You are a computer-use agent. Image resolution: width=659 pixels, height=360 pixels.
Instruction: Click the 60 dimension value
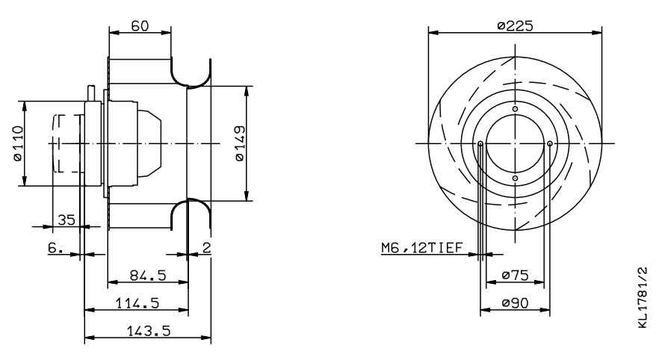pyautogui.click(x=140, y=26)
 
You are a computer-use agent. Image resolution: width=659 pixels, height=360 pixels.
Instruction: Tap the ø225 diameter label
pyautogui.click(x=515, y=26)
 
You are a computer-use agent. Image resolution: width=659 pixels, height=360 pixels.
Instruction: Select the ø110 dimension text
pyautogui.click(x=18, y=143)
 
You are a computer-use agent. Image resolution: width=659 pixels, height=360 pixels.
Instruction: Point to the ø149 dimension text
pyautogui.click(x=240, y=143)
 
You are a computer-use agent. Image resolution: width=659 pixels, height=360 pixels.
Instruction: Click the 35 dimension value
pyautogui.click(x=66, y=220)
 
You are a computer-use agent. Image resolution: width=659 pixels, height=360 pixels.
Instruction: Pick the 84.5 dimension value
pyautogui.click(x=148, y=276)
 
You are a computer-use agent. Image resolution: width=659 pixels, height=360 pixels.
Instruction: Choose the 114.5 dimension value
pyautogui.click(x=137, y=303)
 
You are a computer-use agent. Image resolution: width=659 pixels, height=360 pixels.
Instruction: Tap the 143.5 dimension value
pyautogui.click(x=149, y=331)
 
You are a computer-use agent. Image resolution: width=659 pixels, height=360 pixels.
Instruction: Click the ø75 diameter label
pyautogui.click(x=515, y=276)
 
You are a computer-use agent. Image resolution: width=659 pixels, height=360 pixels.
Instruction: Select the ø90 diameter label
pyautogui.click(x=515, y=303)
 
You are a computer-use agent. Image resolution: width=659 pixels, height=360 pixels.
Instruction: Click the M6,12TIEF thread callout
pyautogui.click(x=421, y=248)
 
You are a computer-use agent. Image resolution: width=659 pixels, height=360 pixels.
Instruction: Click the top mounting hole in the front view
pyautogui.click(x=516, y=109)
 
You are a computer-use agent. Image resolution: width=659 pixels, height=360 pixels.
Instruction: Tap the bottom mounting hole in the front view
pyautogui.click(x=516, y=178)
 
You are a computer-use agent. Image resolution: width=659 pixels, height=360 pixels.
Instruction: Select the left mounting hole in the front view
pyautogui.click(x=480, y=143)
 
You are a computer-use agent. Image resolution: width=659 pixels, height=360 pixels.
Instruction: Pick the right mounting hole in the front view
pyautogui.click(x=550, y=143)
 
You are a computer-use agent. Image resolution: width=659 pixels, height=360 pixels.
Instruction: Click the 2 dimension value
pyautogui.click(x=206, y=248)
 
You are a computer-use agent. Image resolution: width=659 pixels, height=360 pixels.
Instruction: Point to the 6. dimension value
pyautogui.click(x=55, y=248)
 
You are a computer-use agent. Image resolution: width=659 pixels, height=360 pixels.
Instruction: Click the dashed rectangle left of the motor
pyautogui.click(x=66, y=143)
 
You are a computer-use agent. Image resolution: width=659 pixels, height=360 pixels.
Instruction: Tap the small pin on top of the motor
pyautogui.click(x=91, y=93)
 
